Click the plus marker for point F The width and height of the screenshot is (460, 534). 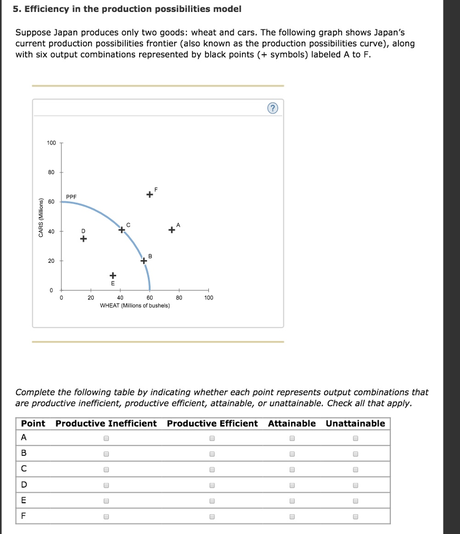(x=150, y=195)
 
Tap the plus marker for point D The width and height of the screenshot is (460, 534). (x=83, y=239)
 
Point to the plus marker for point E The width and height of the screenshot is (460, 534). (x=113, y=275)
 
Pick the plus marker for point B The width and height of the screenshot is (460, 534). (x=144, y=261)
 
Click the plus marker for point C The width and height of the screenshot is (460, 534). (x=121, y=229)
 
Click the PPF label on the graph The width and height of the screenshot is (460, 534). (x=71, y=197)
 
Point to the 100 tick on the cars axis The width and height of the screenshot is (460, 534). (x=51, y=143)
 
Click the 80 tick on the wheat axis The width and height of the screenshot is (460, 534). (x=179, y=298)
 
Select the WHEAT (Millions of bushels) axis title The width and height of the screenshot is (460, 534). (x=135, y=306)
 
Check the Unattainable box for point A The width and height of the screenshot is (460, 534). (x=355, y=439)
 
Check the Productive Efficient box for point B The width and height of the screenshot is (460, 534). (x=212, y=454)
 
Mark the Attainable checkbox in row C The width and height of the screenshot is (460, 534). (x=292, y=470)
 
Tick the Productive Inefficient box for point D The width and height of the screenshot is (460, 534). (x=106, y=486)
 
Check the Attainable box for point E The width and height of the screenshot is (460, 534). (x=292, y=501)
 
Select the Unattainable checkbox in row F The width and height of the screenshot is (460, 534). (x=355, y=517)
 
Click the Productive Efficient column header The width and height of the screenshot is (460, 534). (x=212, y=423)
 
